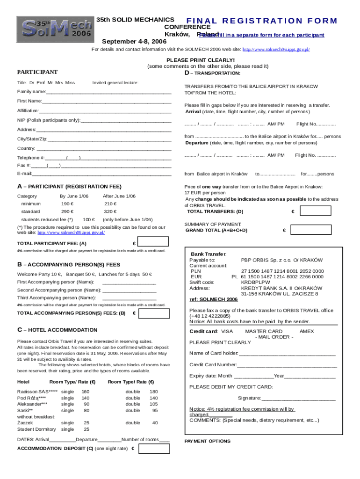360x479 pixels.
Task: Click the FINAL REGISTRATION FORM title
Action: point(261,21)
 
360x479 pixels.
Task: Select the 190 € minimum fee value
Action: point(68,204)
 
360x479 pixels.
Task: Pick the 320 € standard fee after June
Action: point(110,212)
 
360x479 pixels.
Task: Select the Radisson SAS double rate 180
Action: point(153,392)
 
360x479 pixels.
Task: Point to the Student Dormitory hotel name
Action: point(37,429)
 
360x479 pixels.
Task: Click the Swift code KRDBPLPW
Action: point(255,282)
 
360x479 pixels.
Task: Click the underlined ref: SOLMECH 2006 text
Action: point(213,299)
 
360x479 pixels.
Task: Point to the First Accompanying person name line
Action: point(129,283)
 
